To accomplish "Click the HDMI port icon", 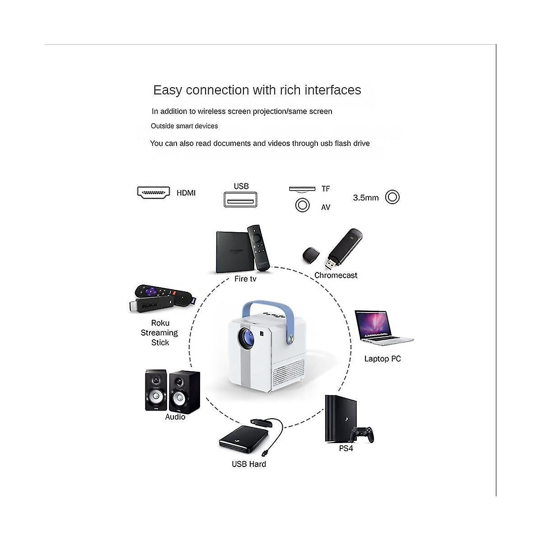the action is [154, 193].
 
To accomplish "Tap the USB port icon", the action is [240, 200].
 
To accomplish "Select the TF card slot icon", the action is [302, 189].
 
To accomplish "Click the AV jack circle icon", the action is [302, 205].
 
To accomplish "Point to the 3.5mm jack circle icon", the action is [392, 197].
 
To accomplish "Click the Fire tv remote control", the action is [258, 248].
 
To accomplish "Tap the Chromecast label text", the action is [336, 276].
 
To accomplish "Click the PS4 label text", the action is [346, 449].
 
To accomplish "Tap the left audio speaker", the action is [156, 390].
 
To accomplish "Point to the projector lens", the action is [247, 336].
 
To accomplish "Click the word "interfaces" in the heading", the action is [333, 90].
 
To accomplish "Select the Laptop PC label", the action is [383, 359].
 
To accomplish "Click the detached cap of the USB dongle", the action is [311, 255].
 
